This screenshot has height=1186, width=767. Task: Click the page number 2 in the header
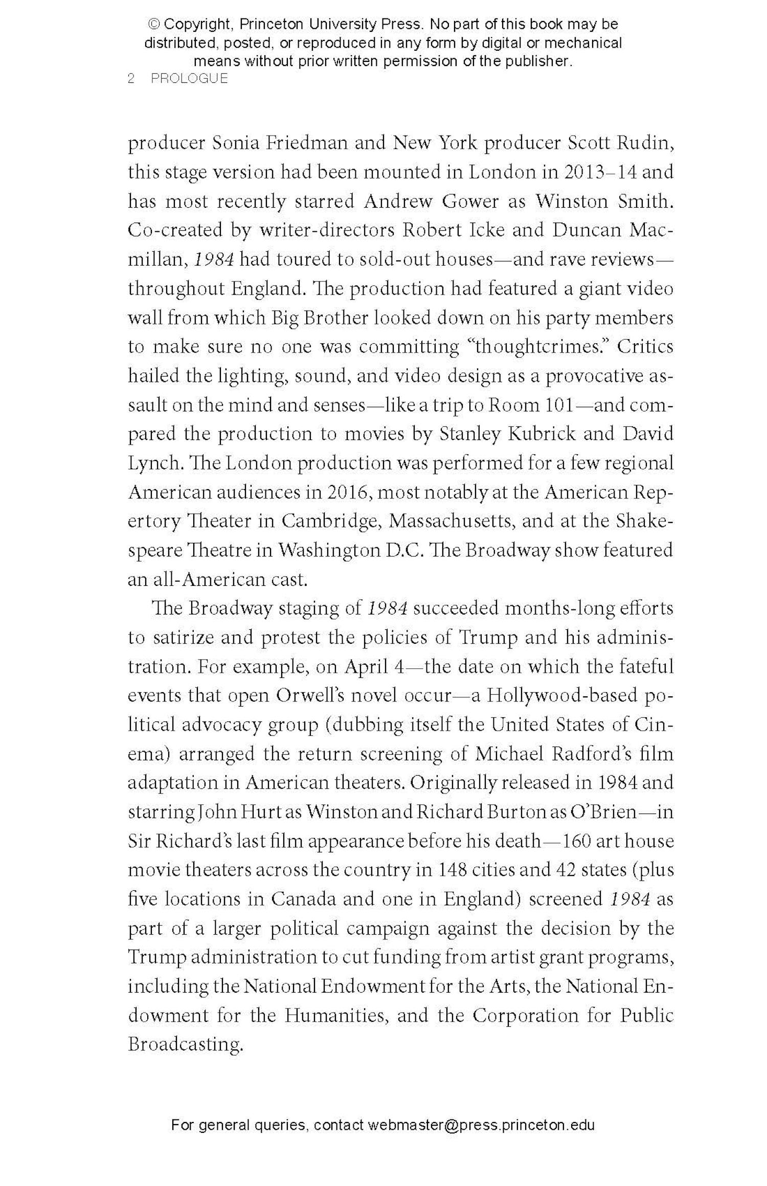coord(131,78)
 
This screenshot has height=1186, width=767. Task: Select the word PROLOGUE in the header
coord(189,78)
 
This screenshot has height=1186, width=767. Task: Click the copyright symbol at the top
coord(153,24)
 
